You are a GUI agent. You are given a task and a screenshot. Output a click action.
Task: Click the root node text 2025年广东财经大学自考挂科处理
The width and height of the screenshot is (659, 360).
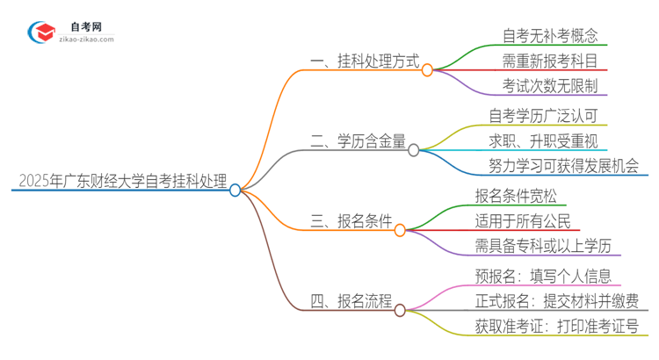[122, 182]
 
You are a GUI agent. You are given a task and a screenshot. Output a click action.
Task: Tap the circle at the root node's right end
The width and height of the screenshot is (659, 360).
[235, 190]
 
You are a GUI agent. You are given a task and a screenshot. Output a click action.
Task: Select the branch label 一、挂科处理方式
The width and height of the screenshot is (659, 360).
[360, 62]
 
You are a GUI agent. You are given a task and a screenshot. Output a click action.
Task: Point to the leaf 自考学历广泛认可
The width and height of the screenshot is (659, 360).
[545, 116]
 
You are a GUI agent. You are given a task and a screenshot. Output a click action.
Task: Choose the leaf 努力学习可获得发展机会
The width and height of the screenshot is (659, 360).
[563, 166]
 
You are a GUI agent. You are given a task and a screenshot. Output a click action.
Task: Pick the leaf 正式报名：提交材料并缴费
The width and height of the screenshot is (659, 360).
[557, 300]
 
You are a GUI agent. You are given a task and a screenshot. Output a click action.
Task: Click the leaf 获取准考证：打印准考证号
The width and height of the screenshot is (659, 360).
[557, 327]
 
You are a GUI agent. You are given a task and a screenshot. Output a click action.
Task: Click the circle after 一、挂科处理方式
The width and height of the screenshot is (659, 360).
[427, 70]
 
